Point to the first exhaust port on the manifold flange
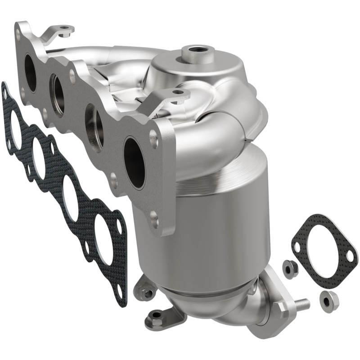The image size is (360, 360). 30,72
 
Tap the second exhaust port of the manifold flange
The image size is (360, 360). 57,95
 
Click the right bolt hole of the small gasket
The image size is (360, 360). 350,256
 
